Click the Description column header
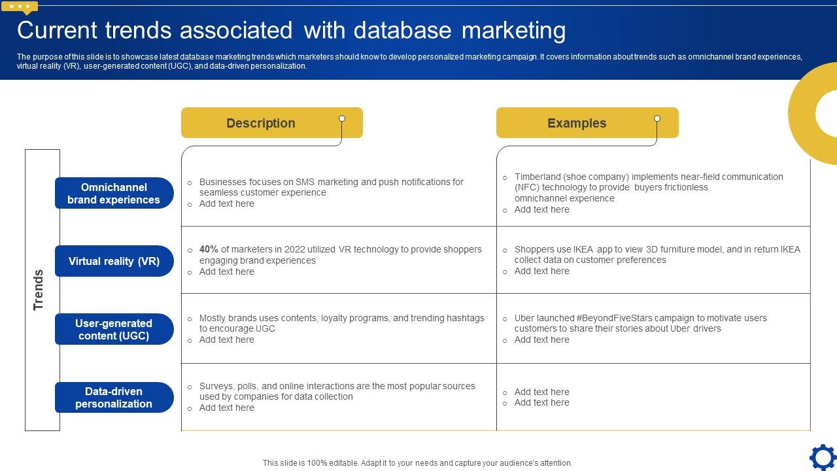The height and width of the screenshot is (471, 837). pos(260,123)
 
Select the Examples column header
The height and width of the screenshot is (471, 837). pos(576,123)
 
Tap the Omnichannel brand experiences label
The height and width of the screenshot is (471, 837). pos(114,194)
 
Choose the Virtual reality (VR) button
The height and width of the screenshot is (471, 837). pos(114,261)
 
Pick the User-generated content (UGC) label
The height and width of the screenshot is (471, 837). pos(114,330)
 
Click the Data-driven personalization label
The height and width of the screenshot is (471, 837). pos(114,398)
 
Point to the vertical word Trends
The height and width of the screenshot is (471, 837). pos(39,289)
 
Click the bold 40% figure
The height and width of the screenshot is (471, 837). pos(209,249)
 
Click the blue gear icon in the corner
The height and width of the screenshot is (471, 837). pos(823,457)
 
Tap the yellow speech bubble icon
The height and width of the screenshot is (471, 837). pos(20,7)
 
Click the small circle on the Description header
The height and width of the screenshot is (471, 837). pos(342,118)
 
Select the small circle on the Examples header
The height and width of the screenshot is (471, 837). pos(657,118)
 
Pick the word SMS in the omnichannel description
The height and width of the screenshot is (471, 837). pos(305,182)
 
